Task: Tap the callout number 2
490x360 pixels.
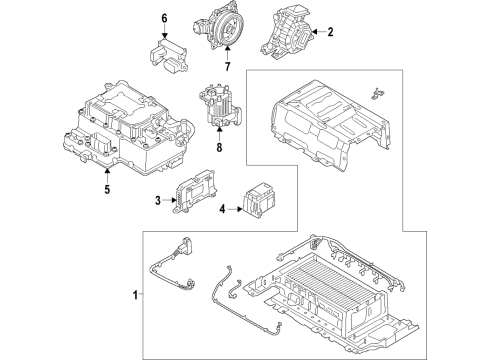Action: click(x=331, y=32)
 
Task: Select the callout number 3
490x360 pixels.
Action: click(x=158, y=202)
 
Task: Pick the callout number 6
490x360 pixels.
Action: click(x=166, y=18)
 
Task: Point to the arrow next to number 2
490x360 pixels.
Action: click(x=318, y=32)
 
